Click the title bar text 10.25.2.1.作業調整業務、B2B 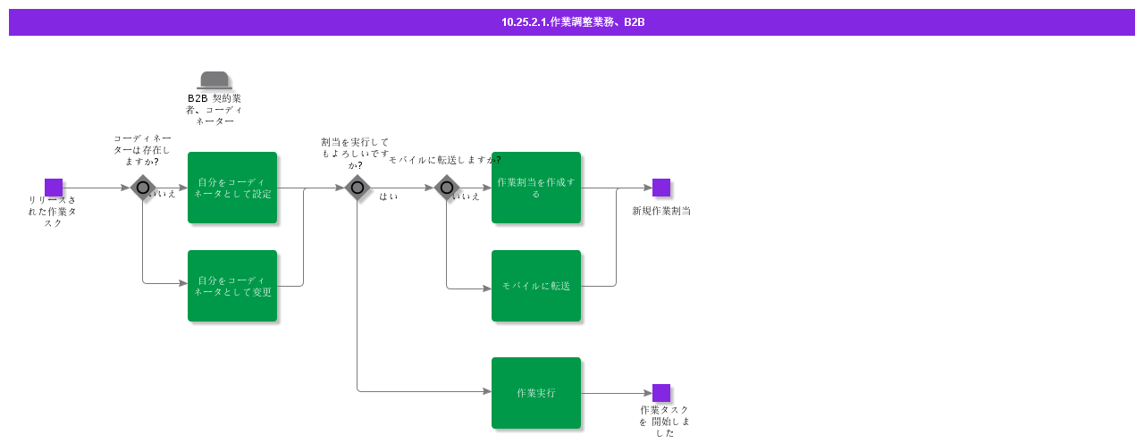[x=572, y=22]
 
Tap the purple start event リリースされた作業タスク [x=54, y=188]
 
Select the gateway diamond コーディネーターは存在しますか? [x=143, y=188]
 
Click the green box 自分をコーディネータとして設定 [x=232, y=188]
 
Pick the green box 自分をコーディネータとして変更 [x=232, y=286]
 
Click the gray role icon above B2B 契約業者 [x=214, y=80]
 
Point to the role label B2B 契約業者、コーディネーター [x=214, y=109]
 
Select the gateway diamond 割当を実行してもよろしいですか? [x=357, y=188]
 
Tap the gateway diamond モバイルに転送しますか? [x=447, y=188]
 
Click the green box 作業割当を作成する [x=536, y=188]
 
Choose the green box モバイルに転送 [x=536, y=286]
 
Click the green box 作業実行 [x=536, y=393]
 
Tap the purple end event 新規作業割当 [x=661, y=188]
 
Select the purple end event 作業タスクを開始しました [x=661, y=393]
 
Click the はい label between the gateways [x=389, y=196]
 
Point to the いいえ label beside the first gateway [x=164, y=194]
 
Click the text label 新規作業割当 [x=661, y=212]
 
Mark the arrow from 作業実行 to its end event [x=617, y=393]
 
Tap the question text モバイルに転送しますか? [x=444, y=160]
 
